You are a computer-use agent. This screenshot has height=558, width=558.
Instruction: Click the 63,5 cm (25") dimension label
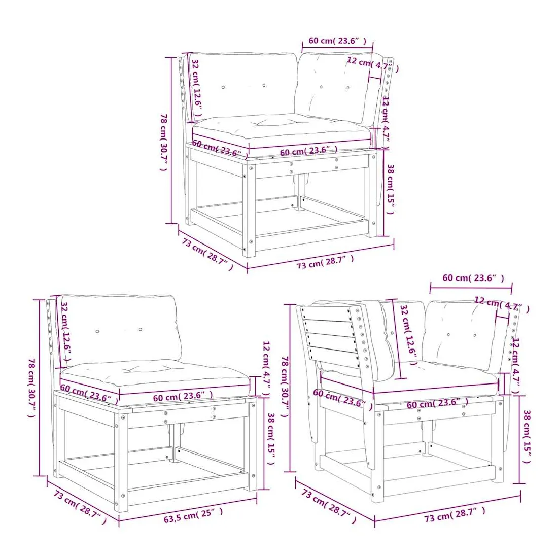tap(193, 515)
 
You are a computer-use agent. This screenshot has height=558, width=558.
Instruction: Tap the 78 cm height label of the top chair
tap(164, 142)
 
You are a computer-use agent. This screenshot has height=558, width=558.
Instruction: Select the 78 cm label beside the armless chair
tap(31, 388)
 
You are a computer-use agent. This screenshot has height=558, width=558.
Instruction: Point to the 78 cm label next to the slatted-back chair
tap(286, 387)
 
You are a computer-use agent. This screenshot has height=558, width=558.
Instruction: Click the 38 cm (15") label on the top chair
tap(390, 189)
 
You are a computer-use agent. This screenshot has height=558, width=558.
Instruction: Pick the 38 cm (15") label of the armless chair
tap(271, 438)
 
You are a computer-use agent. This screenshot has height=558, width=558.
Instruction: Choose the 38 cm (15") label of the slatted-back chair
tap(527, 436)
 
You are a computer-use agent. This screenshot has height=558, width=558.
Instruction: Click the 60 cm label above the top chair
tap(337, 41)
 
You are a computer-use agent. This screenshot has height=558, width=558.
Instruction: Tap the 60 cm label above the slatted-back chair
tap(473, 278)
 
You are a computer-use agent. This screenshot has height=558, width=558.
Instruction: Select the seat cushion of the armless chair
tap(155, 377)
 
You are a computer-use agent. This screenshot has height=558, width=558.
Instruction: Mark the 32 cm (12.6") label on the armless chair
tap(66, 331)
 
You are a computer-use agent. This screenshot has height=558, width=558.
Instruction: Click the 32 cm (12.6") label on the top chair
tap(197, 88)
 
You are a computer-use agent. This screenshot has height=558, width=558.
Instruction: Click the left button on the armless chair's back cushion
tap(97, 331)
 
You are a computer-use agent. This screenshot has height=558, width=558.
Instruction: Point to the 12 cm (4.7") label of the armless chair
tap(266, 369)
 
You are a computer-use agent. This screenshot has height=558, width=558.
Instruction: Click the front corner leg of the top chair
tap(250, 209)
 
